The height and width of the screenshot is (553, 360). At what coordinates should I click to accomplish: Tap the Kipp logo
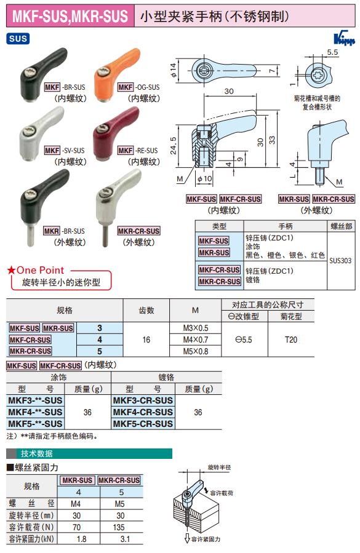(344, 38)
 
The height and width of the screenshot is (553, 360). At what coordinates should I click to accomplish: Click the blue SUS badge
(18, 38)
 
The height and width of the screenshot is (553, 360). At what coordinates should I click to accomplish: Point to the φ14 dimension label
(173, 71)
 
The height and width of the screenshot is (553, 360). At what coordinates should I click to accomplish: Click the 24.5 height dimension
(174, 146)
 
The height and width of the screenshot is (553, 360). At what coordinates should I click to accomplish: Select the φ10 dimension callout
(204, 179)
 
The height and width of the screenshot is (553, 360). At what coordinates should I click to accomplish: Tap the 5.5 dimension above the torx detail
(332, 52)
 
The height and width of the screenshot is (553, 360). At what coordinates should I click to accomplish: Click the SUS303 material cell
(340, 261)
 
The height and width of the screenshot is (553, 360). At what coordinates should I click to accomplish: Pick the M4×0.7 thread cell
(196, 340)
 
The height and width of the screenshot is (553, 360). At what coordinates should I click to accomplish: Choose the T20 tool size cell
(291, 340)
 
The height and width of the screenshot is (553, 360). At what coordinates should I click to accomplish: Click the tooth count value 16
(146, 340)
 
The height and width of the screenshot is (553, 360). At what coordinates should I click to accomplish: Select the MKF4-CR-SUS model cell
(143, 412)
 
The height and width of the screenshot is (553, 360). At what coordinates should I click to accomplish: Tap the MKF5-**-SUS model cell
(35, 424)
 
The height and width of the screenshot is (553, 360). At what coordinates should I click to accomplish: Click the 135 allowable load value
(119, 527)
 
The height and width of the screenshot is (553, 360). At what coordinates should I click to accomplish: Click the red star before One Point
(11, 270)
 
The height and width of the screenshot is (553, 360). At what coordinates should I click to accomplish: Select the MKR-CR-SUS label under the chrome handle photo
(138, 231)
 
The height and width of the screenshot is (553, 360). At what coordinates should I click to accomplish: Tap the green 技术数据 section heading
(37, 453)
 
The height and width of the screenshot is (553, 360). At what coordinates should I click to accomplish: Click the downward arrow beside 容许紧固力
(187, 538)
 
